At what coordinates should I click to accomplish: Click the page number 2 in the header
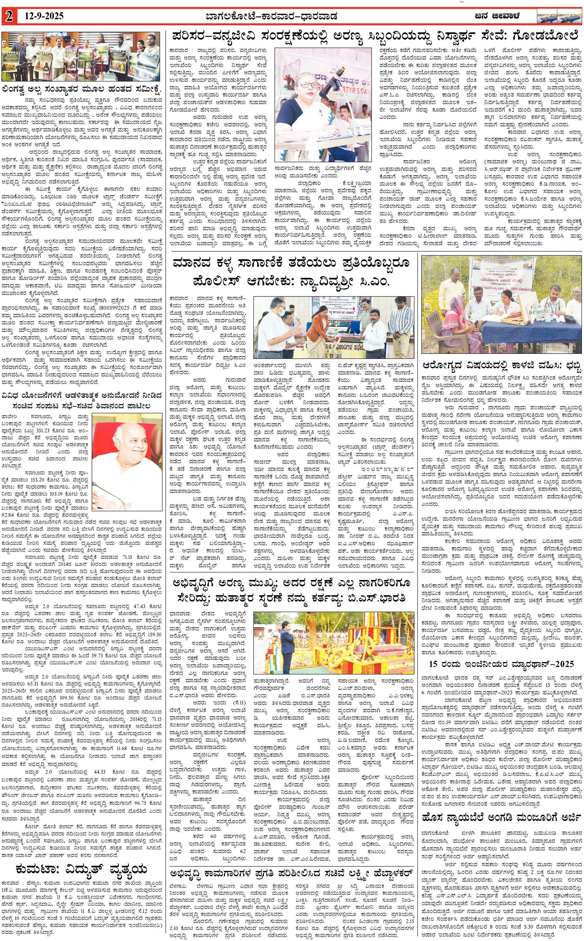[8, 16]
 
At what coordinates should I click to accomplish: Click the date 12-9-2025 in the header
[44, 16]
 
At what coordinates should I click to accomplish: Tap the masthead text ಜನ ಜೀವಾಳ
[497, 16]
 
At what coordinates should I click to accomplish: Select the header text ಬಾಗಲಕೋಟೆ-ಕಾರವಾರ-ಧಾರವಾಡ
[271, 16]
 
